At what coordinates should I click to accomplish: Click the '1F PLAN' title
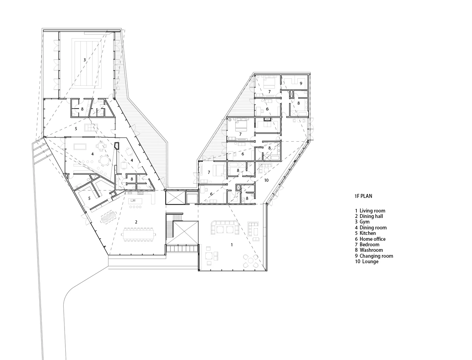363,196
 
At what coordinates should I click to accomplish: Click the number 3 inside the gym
85,60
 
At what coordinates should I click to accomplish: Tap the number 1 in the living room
232,245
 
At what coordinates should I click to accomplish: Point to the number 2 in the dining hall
136,222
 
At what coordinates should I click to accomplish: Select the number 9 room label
301,83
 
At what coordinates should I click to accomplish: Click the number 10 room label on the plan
266,180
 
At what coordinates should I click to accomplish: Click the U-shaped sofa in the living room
225,227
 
